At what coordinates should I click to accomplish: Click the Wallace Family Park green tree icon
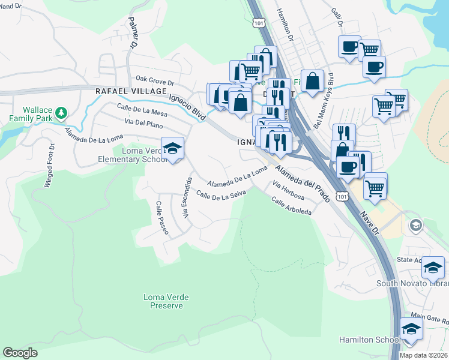click(61, 112)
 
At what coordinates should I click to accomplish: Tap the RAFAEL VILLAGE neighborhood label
click(131, 91)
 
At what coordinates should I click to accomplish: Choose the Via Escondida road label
click(187, 197)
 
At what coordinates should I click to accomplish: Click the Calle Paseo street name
click(162, 217)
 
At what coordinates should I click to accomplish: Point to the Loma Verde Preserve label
click(163, 301)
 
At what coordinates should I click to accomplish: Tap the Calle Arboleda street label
click(291, 207)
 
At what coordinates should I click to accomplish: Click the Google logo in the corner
click(20, 353)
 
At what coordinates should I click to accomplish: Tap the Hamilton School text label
click(369, 340)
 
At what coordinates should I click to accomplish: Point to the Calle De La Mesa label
click(142, 109)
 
